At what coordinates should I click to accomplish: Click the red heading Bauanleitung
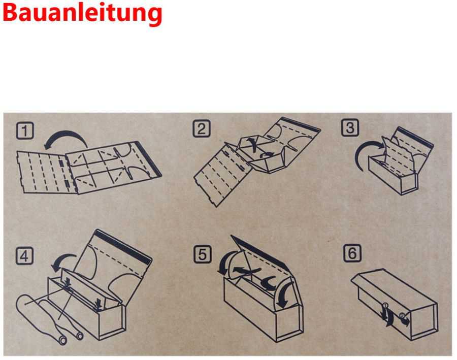coord(82,13)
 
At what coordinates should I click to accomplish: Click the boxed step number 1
coord(25,130)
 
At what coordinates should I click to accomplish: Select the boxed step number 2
coord(202,128)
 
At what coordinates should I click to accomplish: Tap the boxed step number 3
coord(350,127)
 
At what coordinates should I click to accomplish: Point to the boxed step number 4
coord(24,256)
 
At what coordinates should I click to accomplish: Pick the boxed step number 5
coord(202,254)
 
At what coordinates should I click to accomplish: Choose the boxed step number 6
coord(352,253)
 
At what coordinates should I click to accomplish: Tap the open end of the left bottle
coord(62,340)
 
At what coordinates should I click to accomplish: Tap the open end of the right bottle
coord(79,336)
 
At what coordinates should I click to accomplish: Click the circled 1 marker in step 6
coord(385,305)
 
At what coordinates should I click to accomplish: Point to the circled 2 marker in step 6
coord(402,315)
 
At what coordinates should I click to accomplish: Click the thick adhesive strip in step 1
coord(148,159)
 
